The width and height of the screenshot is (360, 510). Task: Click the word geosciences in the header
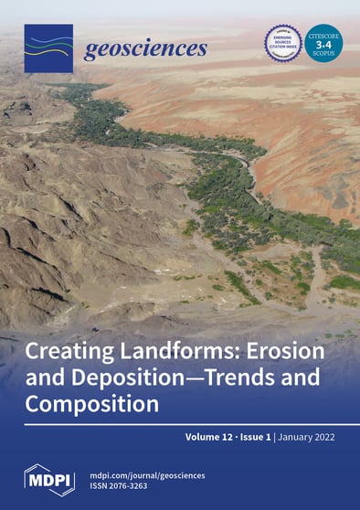145,49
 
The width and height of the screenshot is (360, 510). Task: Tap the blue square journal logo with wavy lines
48,49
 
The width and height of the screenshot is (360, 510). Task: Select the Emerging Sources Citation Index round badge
282,43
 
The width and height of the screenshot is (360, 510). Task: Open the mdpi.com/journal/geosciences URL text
146,473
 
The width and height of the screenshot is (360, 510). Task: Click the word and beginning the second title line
42,376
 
